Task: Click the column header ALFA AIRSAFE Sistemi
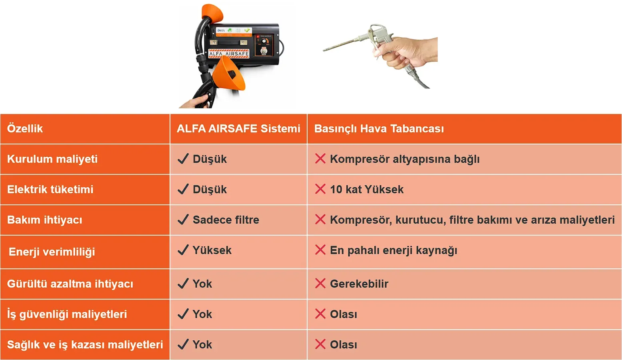click(238, 129)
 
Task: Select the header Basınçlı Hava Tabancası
click(379, 129)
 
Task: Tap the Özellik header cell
click(25, 129)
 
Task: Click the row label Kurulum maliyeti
click(52, 159)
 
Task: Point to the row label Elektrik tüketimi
click(50, 190)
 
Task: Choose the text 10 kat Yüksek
click(366, 190)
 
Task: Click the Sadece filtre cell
click(226, 220)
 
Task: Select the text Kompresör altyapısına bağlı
click(404, 159)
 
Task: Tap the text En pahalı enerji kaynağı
click(394, 250)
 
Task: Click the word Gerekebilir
click(359, 284)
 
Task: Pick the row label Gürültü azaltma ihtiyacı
click(70, 284)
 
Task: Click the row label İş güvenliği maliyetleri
click(67, 314)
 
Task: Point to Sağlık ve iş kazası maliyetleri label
click(85, 345)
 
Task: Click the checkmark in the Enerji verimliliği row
click(183, 250)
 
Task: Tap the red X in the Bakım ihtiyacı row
click(320, 220)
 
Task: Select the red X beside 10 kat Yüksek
click(320, 189)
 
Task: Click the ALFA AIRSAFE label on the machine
click(228, 54)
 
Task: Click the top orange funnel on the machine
click(212, 14)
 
